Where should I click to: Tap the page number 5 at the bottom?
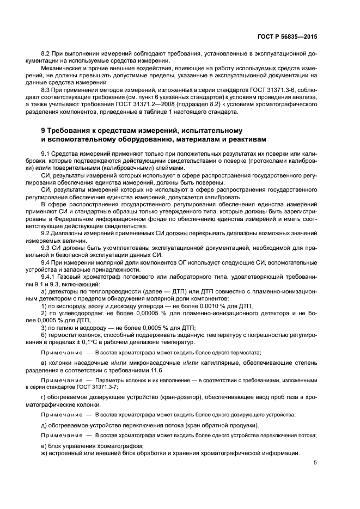[x=315, y=463]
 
